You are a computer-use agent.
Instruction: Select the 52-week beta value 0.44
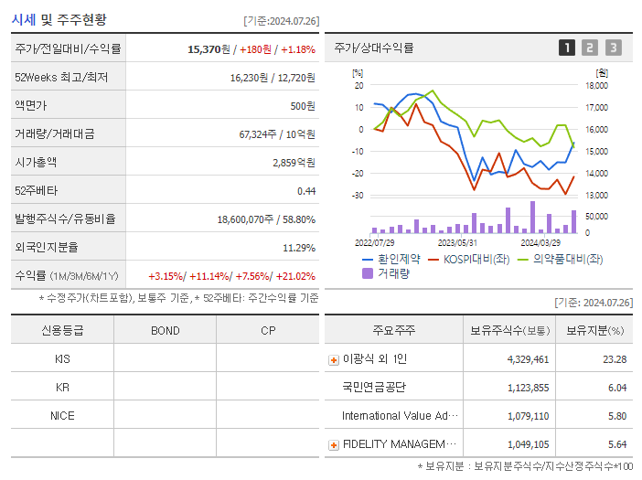(x=306, y=190)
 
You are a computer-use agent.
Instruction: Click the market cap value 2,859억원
(x=294, y=162)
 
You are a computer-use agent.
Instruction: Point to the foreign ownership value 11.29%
(x=299, y=247)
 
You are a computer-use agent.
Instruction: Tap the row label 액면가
(x=32, y=105)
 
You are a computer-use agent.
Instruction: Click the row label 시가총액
(x=36, y=162)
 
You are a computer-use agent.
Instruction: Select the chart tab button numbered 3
(x=613, y=48)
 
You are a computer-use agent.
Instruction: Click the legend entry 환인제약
(x=399, y=259)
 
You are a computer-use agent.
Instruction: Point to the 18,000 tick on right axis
(x=596, y=86)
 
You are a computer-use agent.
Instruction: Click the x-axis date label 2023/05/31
(x=457, y=242)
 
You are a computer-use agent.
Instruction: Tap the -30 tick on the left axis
(x=358, y=196)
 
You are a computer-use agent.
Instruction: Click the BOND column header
(x=165, y=330)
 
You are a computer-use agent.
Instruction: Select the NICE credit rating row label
(x=62, y=415)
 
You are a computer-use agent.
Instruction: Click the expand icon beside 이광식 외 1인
(x=333, y=359)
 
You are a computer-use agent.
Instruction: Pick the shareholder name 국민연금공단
(x=374, y=387)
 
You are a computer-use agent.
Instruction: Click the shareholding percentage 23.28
(x=615, y=359)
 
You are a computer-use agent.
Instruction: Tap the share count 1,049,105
(x=528, y=444)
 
